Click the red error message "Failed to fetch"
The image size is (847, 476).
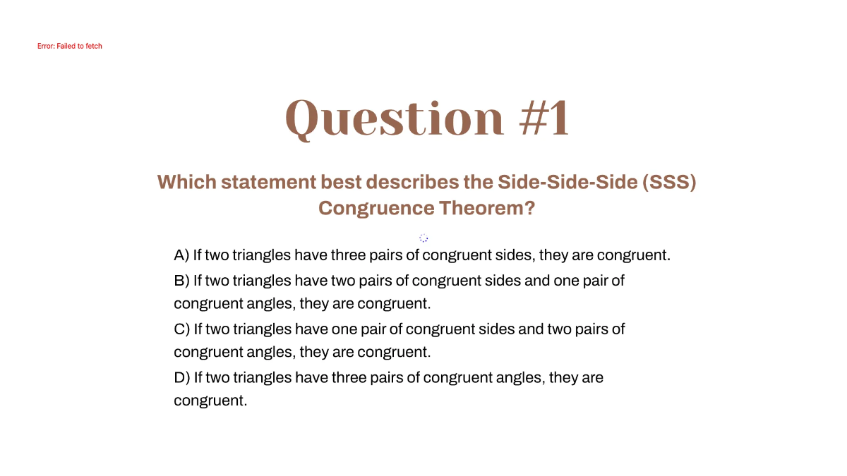69,46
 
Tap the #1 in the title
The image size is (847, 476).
543,118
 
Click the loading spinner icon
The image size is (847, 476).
423,238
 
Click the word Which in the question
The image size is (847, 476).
186,182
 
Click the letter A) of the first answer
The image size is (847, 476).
182,255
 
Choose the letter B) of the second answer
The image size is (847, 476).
182,281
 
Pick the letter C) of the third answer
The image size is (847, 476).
182,329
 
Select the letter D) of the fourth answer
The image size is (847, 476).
182,377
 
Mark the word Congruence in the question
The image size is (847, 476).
376,208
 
